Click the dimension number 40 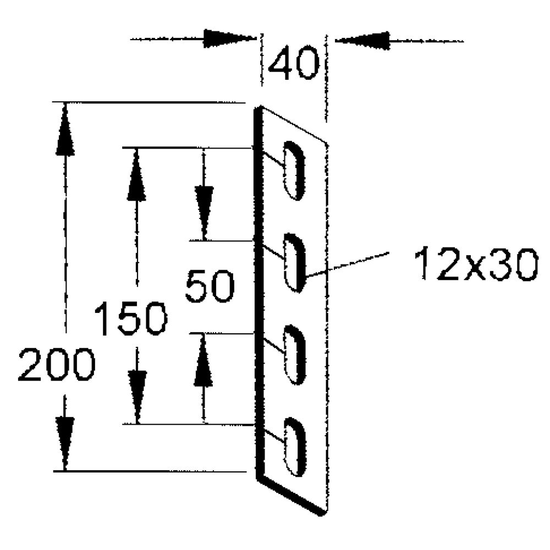(294, 65)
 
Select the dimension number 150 (131, 319)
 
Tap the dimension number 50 (210, 286)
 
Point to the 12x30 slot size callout (475, 265)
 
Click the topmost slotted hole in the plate (294, 170)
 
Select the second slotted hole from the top (294, 262)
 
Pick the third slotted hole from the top (294, 354)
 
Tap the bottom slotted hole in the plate (294, 446)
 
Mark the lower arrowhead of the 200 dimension (65, 443)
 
